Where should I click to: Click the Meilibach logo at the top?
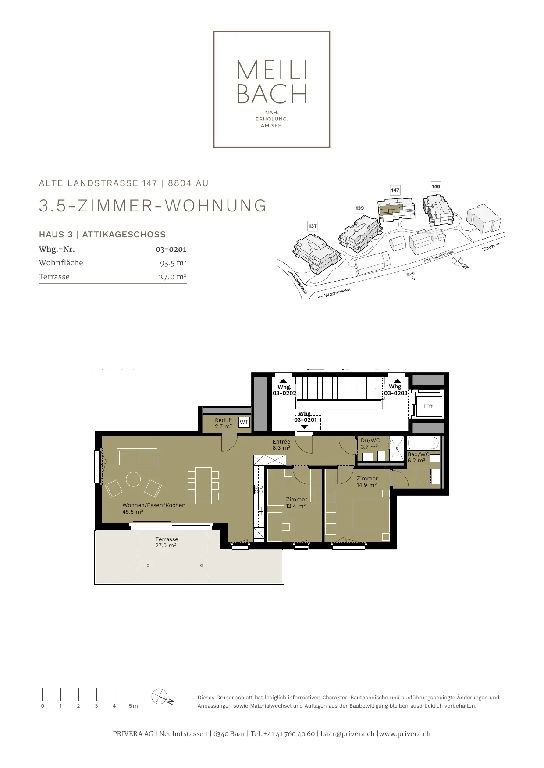271,89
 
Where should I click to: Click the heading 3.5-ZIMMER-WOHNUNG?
153,206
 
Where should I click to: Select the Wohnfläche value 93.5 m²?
173,263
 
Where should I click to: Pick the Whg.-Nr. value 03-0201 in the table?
171,250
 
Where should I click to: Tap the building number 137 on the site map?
313,226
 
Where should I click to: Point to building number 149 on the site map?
436,187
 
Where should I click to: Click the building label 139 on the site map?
360,208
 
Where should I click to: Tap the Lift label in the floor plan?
428,406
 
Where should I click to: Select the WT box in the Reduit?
244,422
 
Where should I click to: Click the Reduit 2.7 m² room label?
224,423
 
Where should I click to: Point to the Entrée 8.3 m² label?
281,445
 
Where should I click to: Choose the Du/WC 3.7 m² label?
370,444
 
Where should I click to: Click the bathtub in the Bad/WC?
423,443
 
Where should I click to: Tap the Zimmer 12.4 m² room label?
296,502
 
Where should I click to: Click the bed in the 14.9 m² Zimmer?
371,515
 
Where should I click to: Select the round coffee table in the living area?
133,479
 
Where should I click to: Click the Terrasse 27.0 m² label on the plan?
166,543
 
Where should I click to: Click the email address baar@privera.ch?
348,734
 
